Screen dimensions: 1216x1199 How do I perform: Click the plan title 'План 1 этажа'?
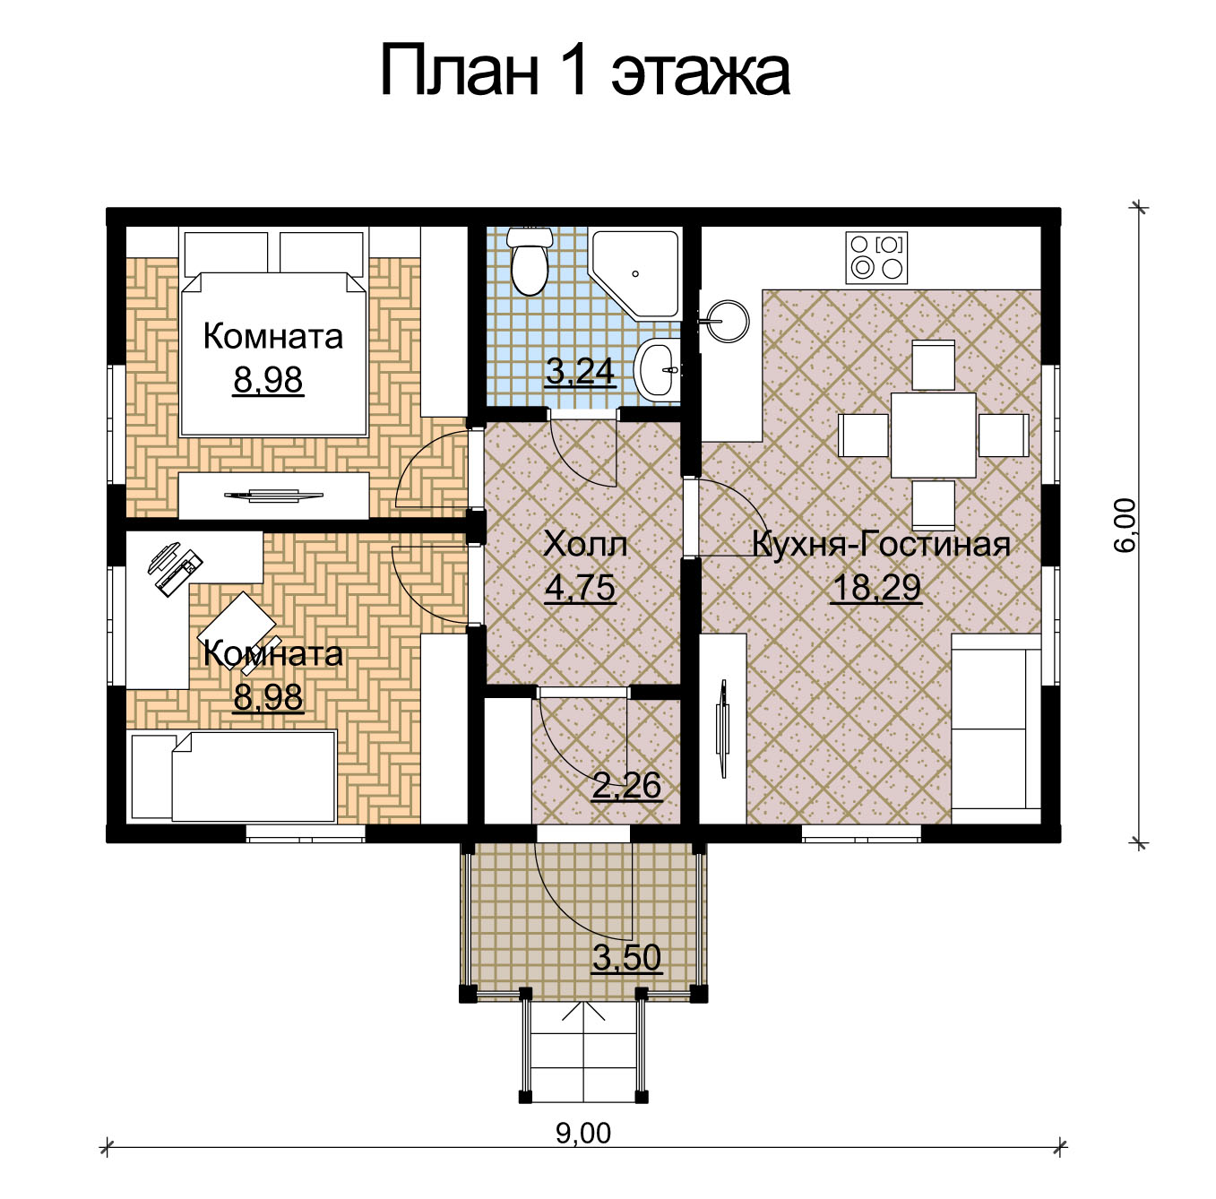coord(585,71)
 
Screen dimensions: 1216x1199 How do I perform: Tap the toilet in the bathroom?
coord(530,262)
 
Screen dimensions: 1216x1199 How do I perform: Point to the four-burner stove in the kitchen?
coord(876,257)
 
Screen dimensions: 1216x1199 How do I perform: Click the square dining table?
coord(934,435)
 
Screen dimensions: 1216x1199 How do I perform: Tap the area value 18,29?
coord(876,588)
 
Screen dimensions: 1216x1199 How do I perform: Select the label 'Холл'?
coord(585,544)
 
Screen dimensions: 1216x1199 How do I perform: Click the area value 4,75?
coord(580,588)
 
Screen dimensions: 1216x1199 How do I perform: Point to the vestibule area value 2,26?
coord(626,786)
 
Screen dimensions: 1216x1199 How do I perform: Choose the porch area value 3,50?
coord(626,957)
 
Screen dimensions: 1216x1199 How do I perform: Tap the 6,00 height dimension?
coord(1125,525)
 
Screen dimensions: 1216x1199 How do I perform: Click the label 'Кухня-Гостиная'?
coord(882,544)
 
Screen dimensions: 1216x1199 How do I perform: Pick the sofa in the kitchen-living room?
coord(996,729)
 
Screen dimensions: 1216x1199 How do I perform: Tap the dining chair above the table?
coord(934,365)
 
